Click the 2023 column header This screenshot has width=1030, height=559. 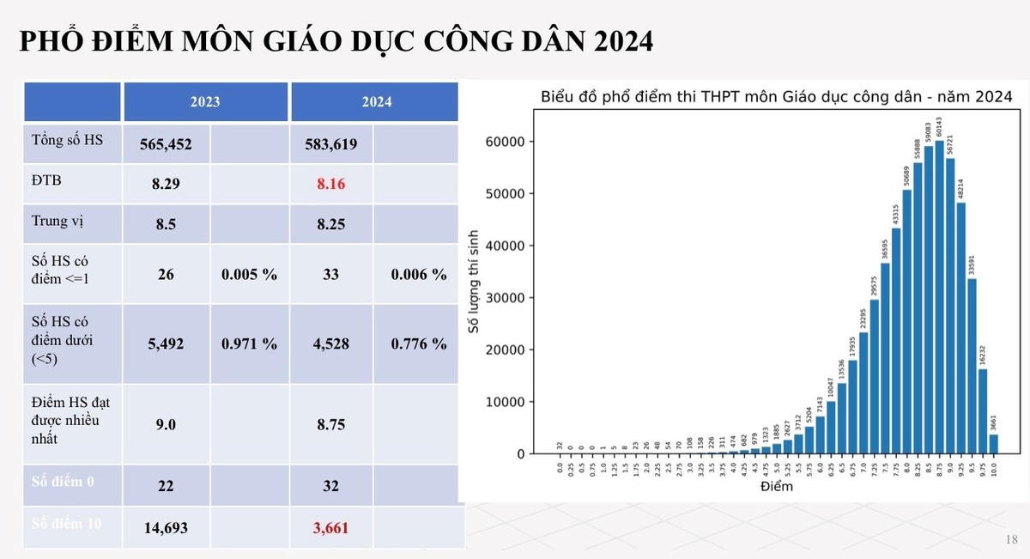(205, 101)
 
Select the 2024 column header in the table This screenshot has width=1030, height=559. (376, 101)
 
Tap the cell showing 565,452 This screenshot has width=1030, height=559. (166, 144)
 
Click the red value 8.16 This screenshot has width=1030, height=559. (332, 184)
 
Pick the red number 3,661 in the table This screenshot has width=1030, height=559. (332, 528)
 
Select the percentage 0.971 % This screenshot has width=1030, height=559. (249, 343)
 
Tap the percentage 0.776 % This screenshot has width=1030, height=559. (418, 343)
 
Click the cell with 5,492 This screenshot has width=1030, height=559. (166, 343)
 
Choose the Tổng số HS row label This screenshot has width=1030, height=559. (66, 139)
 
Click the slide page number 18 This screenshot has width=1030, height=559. (1010, 539)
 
